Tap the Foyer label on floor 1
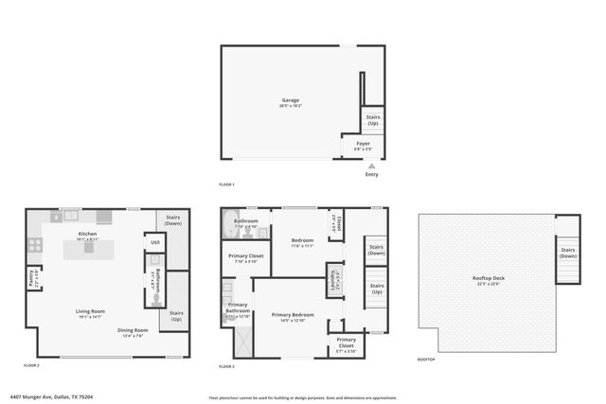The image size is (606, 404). click(364, 145)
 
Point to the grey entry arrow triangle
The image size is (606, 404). click(372, 166)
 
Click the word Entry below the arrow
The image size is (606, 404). click(371, 174)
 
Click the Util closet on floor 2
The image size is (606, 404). click(154, 242)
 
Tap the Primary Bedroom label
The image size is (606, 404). click(293, 315)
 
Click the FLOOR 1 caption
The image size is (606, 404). click(226, 184)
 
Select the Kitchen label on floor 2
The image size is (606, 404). click(87, 234)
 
